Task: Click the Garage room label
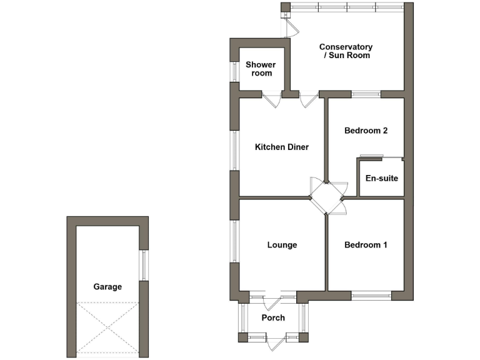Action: [107, 287]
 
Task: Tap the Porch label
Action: [273, 318]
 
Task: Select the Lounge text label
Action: [282, 245]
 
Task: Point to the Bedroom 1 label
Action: [366, 245]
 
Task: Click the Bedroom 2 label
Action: [366, 131]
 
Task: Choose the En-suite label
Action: [381, 179]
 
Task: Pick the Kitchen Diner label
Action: [282, 147]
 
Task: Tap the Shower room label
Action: [261, 69]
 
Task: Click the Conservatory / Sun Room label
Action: [346, 51]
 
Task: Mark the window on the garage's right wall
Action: [143, 265]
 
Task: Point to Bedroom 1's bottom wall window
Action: [371, 294]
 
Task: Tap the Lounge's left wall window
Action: [235, 241]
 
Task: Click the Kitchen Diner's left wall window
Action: [235, 150]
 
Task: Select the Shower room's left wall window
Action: [235, 72]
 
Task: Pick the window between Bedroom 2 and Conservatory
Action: [366, 94]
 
